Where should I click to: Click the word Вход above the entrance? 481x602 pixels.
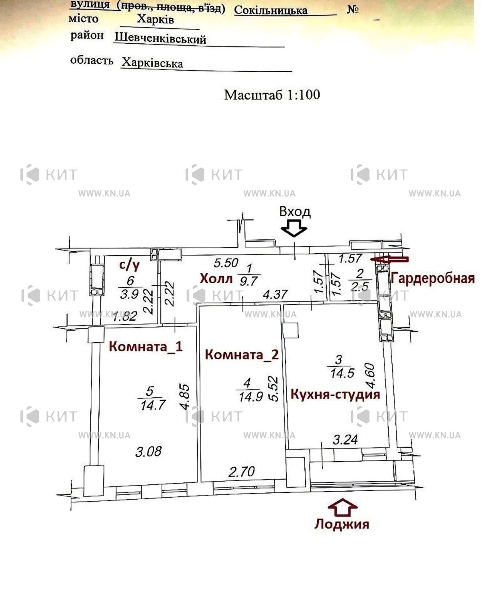click(x=295, y=212)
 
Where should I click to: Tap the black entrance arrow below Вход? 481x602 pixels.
click(x=294, y=228)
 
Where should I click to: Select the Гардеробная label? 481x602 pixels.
click(x=432, y=279)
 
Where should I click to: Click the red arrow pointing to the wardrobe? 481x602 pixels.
click(x=389, y=259)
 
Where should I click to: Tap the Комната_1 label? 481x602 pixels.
click(x=145, y=347)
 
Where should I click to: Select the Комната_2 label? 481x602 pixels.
click(x=242, y=355)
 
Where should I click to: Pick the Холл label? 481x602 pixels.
click(x=216, y=279)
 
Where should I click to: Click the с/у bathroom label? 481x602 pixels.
click(x=129, y=265)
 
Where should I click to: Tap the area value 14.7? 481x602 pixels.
click(x=153, y=405)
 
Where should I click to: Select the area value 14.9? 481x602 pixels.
click(x=251, y=397)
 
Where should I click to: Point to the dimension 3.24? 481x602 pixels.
click(x=345, y=439)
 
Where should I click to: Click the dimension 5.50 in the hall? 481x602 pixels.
click(x=226, y=263)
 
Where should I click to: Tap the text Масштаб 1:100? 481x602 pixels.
click(x=272, y=95)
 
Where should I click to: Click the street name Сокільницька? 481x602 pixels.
click(x=271, y=10)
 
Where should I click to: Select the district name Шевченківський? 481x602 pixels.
click(x=160, y=38)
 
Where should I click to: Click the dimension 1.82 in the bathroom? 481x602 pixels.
click(x=125, y=316)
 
